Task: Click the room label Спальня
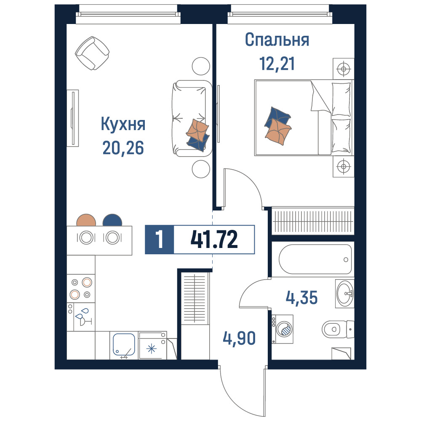277,40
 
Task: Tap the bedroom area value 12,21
277,64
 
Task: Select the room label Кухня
123,124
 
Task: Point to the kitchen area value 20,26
123,147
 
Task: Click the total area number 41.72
214,239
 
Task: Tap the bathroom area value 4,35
301,298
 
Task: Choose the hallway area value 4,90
239,338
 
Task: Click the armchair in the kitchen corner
92,53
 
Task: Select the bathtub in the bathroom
315,259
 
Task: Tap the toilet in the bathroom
338,329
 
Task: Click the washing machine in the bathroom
282,329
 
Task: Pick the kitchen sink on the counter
124,344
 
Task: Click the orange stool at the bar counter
86,220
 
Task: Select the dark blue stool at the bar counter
112,220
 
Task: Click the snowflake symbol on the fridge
152,349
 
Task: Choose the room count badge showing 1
160,240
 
